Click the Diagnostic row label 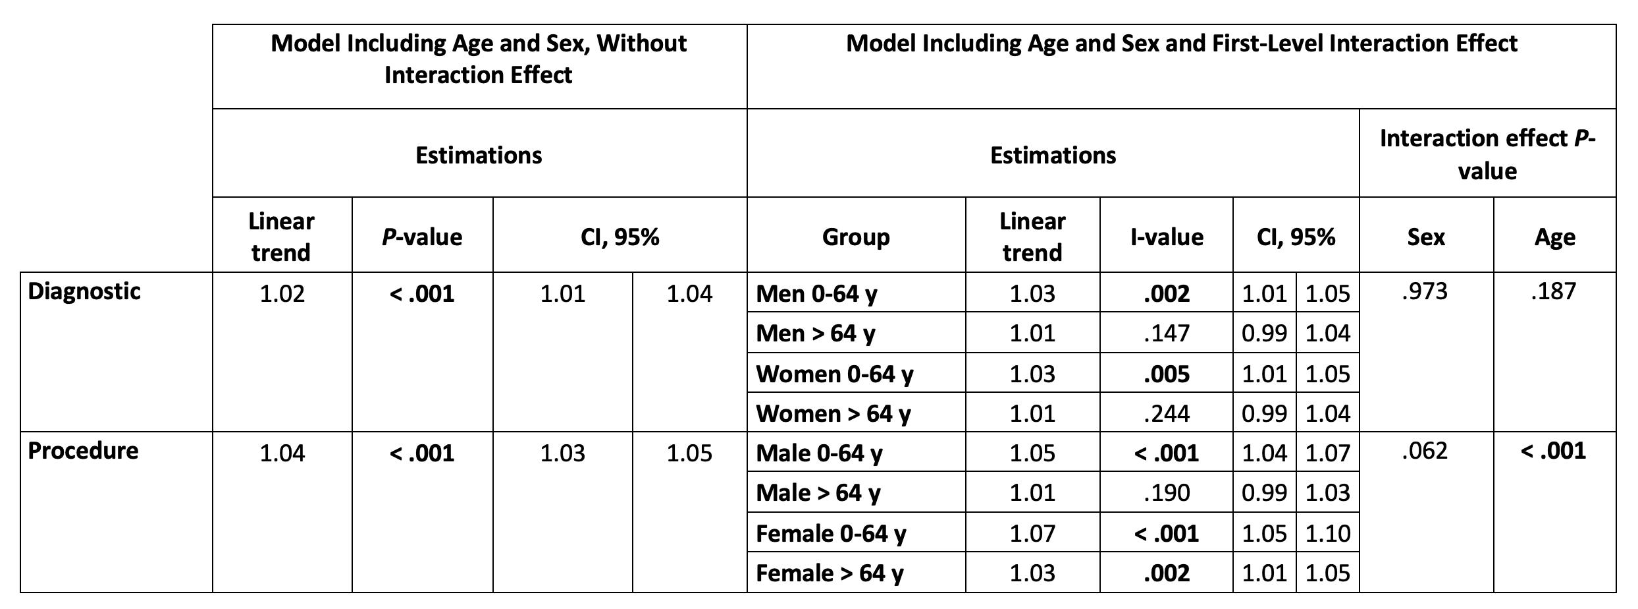click(84, 291)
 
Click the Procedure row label click(83, 451)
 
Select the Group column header click(855, 237)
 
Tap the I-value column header click(1166, 237)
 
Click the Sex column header click(1425, 237)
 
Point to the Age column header click(1554, 237)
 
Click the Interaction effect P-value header click(1487, 154)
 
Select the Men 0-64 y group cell click(816, 293)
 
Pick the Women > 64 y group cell click(833, 413)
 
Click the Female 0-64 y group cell click(831, 533)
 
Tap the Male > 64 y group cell click(818, 492)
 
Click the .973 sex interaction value click(1425, 291)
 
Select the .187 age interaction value click(1554, 291)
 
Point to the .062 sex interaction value click(1425, 451)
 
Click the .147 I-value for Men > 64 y click(1166, 333)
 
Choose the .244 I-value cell click(1166, 413)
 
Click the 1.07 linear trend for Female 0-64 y click(1032, 533)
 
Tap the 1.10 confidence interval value click(1328, 533)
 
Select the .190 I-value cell click(1166, 492)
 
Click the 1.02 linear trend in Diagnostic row click(282, 293)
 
